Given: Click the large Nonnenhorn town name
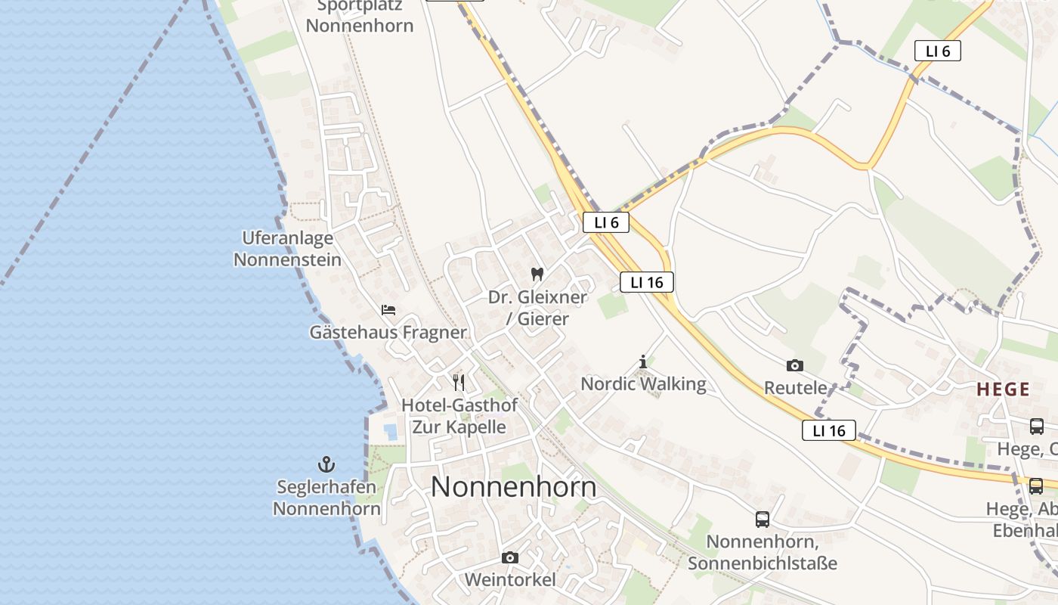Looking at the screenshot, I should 514,487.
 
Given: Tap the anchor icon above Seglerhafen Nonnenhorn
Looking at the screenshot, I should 326,464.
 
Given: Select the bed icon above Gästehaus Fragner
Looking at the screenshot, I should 388,310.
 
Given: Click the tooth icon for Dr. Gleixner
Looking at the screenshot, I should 537,275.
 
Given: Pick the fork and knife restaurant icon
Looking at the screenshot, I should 459,382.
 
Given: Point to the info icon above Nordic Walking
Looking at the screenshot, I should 643,362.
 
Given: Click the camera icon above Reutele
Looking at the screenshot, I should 794,366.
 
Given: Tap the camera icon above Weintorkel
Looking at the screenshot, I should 510,558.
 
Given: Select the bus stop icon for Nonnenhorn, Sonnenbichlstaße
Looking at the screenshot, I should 763,520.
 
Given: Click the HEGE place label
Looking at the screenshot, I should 1003,389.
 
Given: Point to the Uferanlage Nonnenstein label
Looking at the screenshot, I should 287,249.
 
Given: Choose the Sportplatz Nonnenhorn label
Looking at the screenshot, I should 360,16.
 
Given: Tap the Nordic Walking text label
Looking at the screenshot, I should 643,384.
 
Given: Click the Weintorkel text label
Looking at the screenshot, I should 510,580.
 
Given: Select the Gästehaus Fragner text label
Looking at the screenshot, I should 388,332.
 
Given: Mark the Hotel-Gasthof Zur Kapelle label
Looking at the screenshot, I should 459,415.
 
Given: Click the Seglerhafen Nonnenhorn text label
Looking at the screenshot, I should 326,498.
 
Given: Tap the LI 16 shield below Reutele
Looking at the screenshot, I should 828,430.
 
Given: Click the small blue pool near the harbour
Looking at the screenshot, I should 391,432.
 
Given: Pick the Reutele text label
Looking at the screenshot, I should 795,388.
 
